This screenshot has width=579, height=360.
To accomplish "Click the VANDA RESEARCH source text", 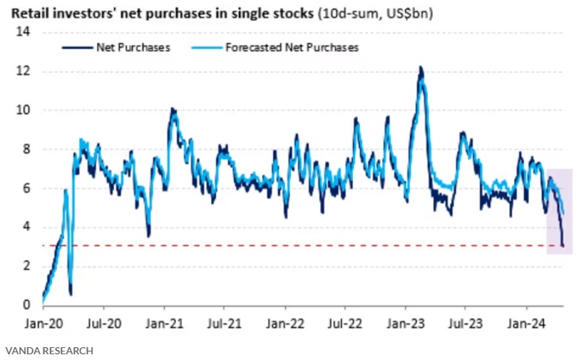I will click(49, 351).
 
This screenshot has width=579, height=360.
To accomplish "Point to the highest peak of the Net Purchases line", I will click(421, 68).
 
